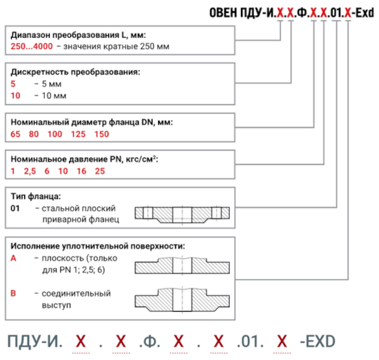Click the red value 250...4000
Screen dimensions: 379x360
(x=32, y=46)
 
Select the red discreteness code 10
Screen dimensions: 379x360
(x=15, y=96)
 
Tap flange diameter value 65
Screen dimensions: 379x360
(x=15, y=134)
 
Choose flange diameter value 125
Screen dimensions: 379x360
(x=78, y=134)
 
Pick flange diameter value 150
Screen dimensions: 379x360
(x=101, y=134)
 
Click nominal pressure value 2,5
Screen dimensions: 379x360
(x=30, y=171)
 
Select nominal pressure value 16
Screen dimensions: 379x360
(x=81, y=171)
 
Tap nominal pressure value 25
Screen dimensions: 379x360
(x=100, y=171)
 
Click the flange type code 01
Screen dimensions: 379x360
(x=15, y=208)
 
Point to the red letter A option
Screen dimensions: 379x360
(x=13, y=258)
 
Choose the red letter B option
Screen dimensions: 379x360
(x=13, y=293)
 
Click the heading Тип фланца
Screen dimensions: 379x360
(x=36, y=196)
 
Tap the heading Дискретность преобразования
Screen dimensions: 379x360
(x=75, y=72)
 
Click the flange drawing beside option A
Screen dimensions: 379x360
(x=182, y=265)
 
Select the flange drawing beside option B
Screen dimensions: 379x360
(x=182, y=300)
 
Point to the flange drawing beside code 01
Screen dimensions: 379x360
(x=182, y=215)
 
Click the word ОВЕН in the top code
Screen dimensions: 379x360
(x=223, y=12)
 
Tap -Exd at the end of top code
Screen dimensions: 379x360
(x=363, y=12)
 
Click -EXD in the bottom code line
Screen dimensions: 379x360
(x=318, y=341)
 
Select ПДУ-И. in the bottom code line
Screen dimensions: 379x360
(x=35, y=342)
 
